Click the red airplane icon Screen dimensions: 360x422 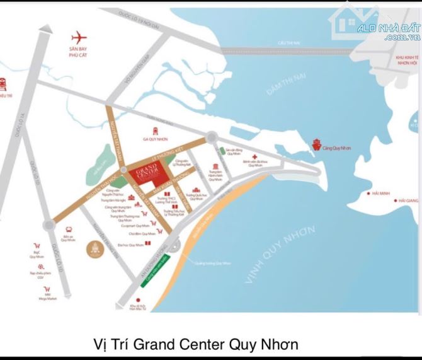78,37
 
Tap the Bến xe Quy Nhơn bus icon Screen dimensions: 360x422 69,231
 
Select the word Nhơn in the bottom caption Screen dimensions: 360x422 278,345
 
